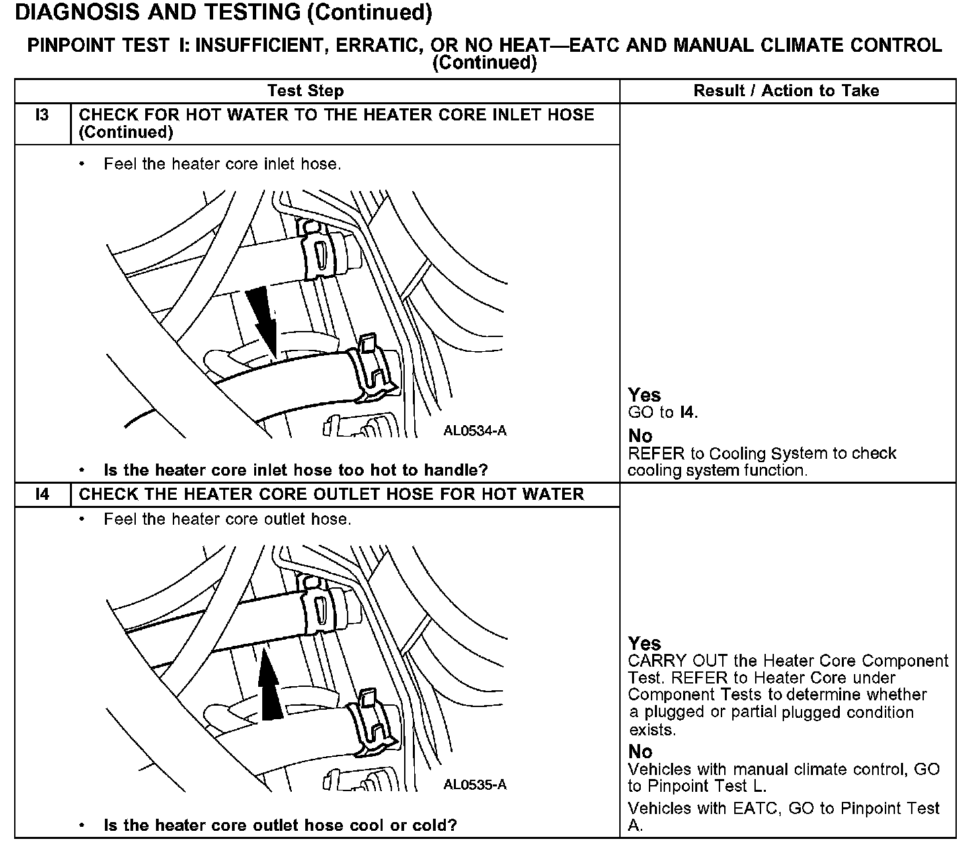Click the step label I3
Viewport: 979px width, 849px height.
(42, 115)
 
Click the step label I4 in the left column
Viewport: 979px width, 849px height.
(42, 494)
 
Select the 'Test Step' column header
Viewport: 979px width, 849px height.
(305, 91)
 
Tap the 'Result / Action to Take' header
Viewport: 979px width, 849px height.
(786, 91)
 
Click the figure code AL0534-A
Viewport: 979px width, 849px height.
(475, 431)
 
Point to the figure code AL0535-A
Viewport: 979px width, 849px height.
(475, 785)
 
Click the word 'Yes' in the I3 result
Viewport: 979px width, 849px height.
(644, 395)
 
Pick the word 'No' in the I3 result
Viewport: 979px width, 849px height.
(640, 436)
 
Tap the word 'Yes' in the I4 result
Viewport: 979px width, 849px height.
(644, 644)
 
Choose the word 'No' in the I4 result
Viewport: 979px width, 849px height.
(640, 751)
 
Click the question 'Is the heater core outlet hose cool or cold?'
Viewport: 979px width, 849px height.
(280, 825)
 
